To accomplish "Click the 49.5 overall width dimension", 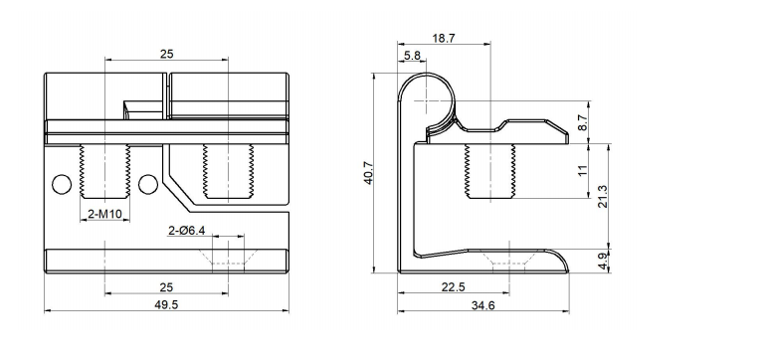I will (x=166, y=304).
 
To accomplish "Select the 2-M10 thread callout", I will (x=104, y=214).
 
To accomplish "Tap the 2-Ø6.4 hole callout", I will (x=186, y=230).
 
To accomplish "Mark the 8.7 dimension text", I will (x=583, y=123).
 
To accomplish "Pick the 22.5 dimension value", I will (x=453, y=287).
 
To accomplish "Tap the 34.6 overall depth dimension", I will (x=484, y=304).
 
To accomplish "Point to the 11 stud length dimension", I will (x=583, y=170).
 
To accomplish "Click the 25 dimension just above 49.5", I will (x=166, y=287).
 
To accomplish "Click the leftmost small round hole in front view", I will (x=62, y=184).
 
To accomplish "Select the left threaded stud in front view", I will (x=104, y=170).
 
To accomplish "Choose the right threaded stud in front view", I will (x=229, y=170).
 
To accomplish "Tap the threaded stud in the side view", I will (x=486, y=170).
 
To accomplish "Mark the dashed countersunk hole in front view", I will (x=229, y=257).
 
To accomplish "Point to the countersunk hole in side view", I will (x=508, y=260).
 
